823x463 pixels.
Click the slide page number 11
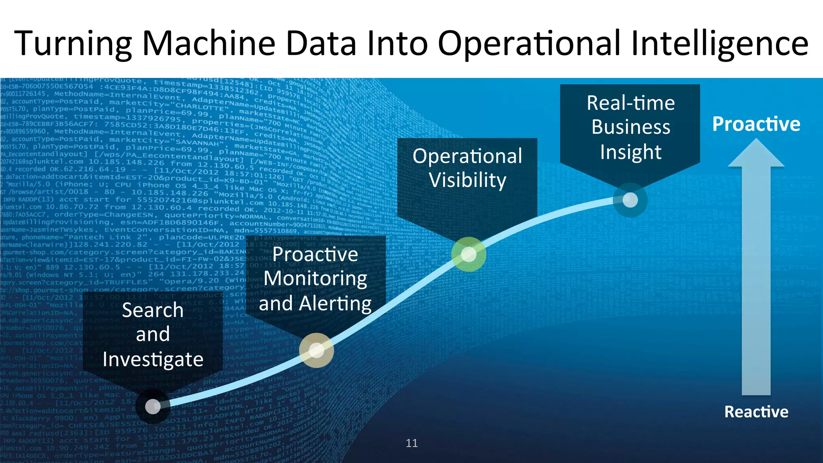pos(411,443)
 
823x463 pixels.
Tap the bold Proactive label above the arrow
pos(756,124)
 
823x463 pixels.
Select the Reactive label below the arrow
pos(756,412)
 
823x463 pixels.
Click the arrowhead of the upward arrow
pos(756,154)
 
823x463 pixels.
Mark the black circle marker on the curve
pos(153,406)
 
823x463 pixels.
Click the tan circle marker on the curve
pos(316,350)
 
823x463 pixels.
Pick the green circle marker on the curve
pos(469,254)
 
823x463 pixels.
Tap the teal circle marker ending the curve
pos(630,200)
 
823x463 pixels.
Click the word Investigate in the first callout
pos(153,359)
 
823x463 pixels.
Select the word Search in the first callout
pos(153,310)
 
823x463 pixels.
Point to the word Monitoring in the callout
pos(315,279)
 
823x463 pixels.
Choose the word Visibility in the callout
pos(467,180)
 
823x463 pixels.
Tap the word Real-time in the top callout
pos(631,103)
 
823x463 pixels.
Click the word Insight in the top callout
pos(631,152)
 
